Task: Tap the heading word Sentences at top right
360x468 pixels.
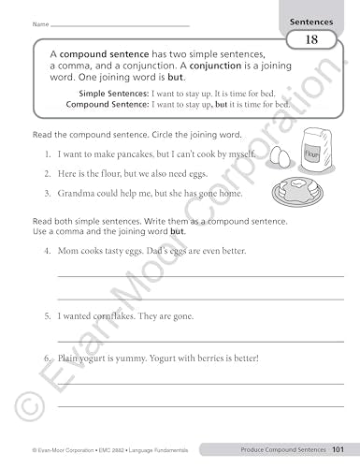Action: (x=316, y=18)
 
